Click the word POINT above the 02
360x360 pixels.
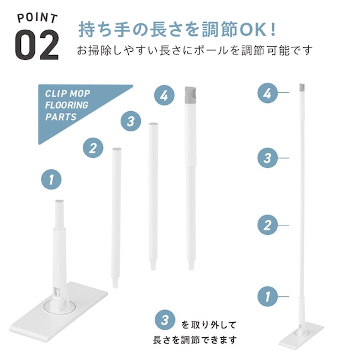pyautogui.click(x=37, y=18)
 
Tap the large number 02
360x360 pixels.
pyautogui.click(x=37, y=45)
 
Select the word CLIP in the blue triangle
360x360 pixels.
pyautogui.click(x=55, y=93)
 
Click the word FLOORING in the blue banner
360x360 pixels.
pyautogui.click(x=66, y=105)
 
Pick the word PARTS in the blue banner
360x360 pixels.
pyautogui.click(x=61, y=117)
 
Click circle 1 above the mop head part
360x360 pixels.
pyautogui.click(x=51, y=179)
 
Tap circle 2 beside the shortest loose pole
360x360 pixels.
pyautogui.click(x=93, y=148)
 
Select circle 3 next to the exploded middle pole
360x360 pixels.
pyautogui.click(x=131, y=121)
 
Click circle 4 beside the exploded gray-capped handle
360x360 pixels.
pyautogui.click(x=164, y=95)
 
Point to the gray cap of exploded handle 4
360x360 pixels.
pyautogui.click(x=191, y=95)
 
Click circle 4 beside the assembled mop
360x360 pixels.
pyautogui.click(x=268, y=93)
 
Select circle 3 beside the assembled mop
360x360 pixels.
pyautogui.click(x=268, y=158)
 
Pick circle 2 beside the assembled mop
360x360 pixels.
pyautogui.click(x=268, y=225)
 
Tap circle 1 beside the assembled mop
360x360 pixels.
pyautogui.click(x=268, y=296)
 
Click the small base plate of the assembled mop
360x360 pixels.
pyautogui.click(x=301, y=337)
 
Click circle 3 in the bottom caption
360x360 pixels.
pyautogui.click(x=165, y=320)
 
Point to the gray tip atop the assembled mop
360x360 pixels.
pyautogui.click(x=302, y=87)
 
